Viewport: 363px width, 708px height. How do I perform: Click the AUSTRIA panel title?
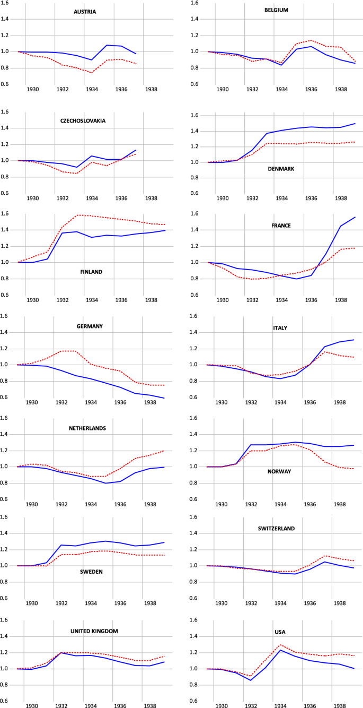point(85,12)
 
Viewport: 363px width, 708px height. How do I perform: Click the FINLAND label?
point(91,272)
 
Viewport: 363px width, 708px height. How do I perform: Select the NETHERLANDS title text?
point(87,428)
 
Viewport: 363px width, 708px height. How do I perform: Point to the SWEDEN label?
point(91,572)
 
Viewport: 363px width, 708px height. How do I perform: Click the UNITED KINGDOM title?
point(94,631)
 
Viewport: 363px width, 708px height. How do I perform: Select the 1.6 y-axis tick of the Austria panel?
point(6,3)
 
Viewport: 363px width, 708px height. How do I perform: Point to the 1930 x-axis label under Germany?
point(33,402)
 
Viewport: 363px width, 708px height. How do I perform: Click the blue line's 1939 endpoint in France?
point(355,217)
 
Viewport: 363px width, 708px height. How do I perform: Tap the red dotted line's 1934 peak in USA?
point(280,645)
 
